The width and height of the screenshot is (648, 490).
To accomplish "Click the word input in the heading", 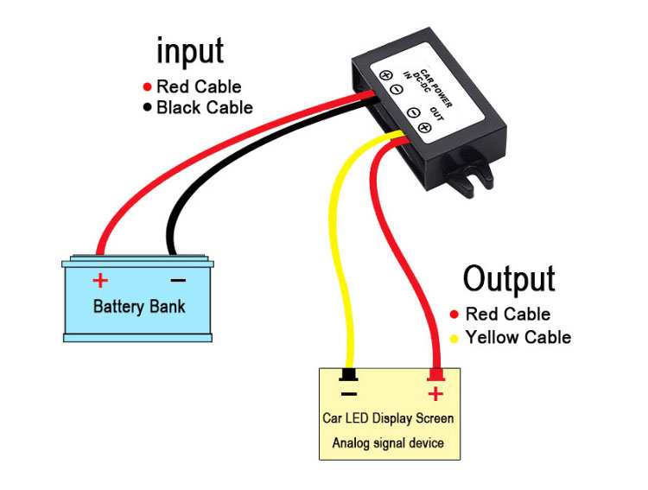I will point(190,51).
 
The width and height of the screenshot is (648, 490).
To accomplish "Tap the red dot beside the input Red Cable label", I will point(148,87).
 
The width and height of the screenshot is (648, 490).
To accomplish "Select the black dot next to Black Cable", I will point(148,108).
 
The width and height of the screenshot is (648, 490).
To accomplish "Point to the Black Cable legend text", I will point(205,108).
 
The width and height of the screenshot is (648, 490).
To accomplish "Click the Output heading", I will point(508,279).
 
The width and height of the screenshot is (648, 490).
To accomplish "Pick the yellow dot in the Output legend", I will point(454,337).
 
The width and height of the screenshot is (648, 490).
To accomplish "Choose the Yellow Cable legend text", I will point(518,337).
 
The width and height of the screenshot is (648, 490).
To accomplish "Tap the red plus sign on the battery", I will point(101,280).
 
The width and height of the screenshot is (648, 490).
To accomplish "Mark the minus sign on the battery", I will point(178,280).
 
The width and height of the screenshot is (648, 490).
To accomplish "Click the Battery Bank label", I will point(139,307).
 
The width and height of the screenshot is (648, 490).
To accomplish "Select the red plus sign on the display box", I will point(435,394).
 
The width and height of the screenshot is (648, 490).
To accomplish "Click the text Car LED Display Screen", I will point(388,418).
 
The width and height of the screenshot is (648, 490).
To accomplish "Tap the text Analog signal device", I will point(388,443).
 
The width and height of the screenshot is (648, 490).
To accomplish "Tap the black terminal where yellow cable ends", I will point(349,374).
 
